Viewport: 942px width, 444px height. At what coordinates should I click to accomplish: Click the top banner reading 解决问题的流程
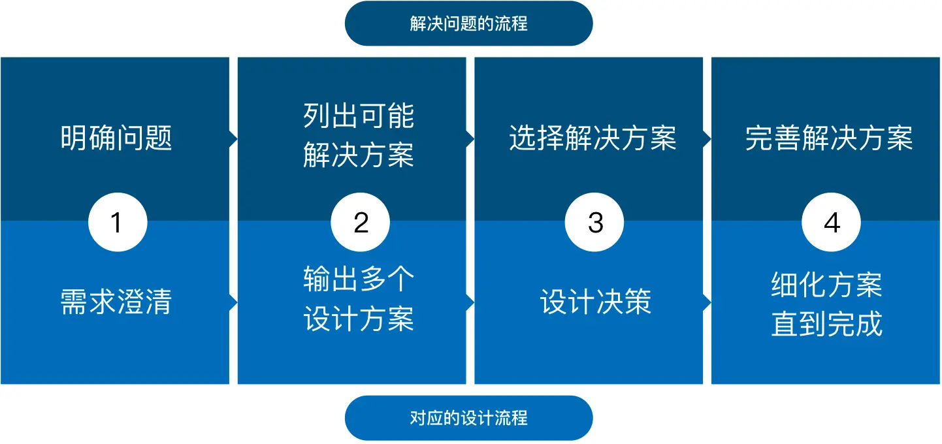point(468,24)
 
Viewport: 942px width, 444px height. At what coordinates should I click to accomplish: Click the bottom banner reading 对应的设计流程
point(468,418)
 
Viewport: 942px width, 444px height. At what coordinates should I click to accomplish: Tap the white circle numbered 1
point(118,223)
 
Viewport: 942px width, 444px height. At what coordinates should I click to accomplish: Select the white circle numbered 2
point(361,223)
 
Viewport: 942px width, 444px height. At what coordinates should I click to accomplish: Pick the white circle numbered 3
point(594,223)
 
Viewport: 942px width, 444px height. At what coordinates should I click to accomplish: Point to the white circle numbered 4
point(832,223)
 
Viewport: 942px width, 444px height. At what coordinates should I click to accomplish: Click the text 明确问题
point(116,138)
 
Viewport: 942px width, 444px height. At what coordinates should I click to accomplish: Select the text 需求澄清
point(116,302)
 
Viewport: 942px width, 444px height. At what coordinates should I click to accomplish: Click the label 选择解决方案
point(593,138)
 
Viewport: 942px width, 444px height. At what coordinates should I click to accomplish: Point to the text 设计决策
point(595,302)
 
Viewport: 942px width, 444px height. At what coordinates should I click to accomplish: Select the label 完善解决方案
point(829,138)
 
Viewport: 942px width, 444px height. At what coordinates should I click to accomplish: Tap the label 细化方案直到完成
point(826,305)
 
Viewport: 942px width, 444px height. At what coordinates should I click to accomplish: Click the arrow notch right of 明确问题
point(233,138)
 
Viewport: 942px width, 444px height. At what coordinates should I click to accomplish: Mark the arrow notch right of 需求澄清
point(233,302)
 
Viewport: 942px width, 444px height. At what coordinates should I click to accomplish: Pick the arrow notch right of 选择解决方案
point(707,138)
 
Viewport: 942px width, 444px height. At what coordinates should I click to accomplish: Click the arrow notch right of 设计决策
point(707,302)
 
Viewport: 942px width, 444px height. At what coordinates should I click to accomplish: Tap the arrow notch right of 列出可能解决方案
point(470,138)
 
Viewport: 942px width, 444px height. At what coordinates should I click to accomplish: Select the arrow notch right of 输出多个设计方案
point(470,302)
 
